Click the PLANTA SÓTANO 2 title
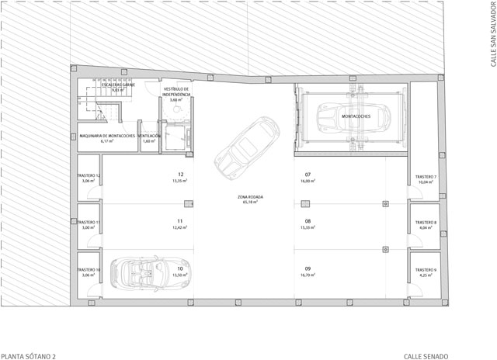coord(29,355)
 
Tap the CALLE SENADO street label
coord(426,355)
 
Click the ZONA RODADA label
coord(250,197)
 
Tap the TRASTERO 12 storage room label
coord(88,176)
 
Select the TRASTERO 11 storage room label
coord(88,223)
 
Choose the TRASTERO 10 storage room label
coord(88,269)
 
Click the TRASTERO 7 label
coord(426,177)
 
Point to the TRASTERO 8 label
coord(426,223)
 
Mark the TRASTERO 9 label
coord(426,269)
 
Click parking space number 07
coord(308,175)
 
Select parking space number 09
coord(308,268)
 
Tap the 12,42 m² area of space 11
coord(180,227)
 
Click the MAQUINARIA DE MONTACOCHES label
coord(107,136)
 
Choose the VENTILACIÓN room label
coord(150,136)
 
